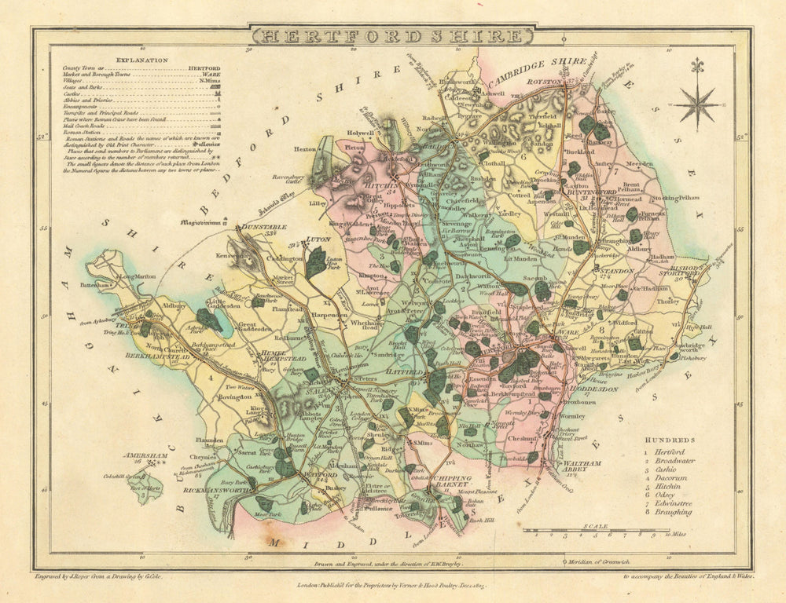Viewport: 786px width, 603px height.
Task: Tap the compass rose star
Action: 697,103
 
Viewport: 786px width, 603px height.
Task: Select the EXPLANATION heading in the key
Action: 141,60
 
